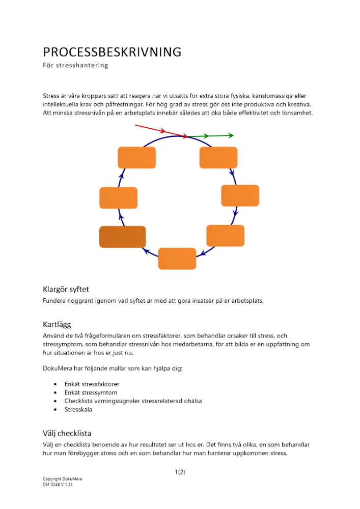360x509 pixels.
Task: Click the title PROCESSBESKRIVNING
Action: (112, 52)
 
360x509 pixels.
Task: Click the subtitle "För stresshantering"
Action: (75, 65)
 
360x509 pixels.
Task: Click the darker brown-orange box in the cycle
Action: (122, 237)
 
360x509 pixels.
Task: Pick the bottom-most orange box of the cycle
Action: (177, 259)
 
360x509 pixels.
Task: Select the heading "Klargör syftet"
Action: (66, 289)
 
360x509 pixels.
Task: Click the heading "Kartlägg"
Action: (57, 324)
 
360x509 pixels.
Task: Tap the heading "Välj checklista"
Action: (67, 433)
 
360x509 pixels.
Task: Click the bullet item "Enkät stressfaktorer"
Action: (92, 384)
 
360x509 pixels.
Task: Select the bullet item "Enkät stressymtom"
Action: (91, 392)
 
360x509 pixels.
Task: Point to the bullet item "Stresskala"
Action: (78, 409)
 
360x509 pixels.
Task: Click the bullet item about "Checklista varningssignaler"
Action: (133, 401)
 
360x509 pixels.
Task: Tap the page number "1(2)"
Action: (180, 472)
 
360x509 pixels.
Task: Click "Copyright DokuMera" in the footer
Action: (62, 479)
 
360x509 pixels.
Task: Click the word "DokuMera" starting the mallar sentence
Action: (57, 368)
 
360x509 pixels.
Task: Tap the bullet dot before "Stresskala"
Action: (55, 409)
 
